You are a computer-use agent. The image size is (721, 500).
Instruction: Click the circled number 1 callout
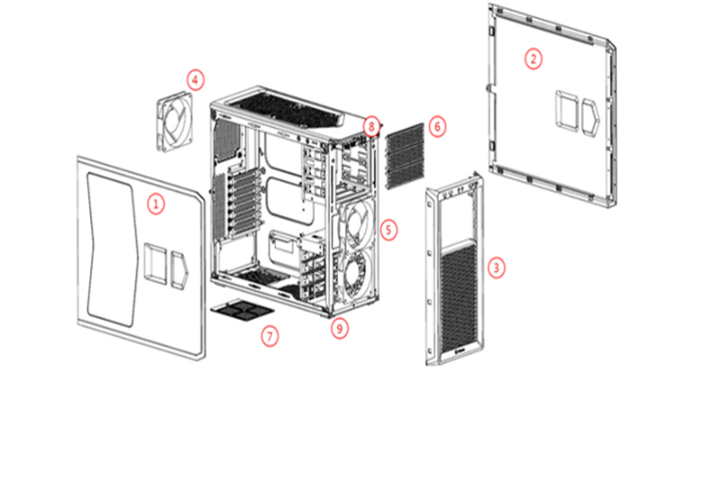tap(156, 204)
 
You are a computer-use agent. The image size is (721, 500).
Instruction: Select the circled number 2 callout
tap(533, 59)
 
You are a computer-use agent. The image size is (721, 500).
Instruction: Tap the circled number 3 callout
tap(496, 267)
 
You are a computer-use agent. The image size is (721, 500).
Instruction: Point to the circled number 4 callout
tap(195, 80)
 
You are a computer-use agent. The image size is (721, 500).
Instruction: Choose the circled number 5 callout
tap(388, 230)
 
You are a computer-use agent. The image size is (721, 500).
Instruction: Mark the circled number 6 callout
tap(438, 126)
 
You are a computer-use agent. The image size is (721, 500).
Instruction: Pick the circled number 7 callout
tap(270, 336)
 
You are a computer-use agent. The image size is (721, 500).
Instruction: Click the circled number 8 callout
tap(371, 126)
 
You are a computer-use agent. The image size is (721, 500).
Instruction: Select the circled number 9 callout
tap(340, 329)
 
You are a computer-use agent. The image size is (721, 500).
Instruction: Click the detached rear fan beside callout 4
tap(174, 122)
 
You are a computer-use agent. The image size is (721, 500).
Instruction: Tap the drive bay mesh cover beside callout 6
tap(405, 156)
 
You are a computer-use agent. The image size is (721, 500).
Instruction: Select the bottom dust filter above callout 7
tap(243, 310)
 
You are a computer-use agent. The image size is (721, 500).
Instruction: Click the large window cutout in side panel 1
tap(112, 249)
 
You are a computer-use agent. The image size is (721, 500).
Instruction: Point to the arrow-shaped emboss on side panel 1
tap(179, 270)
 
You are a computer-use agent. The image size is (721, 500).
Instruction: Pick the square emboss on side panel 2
tap(567, 111)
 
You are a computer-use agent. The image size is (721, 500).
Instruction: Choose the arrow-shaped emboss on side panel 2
tap(591, 117)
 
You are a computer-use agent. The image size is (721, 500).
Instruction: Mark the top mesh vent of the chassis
tap(290, 110)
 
